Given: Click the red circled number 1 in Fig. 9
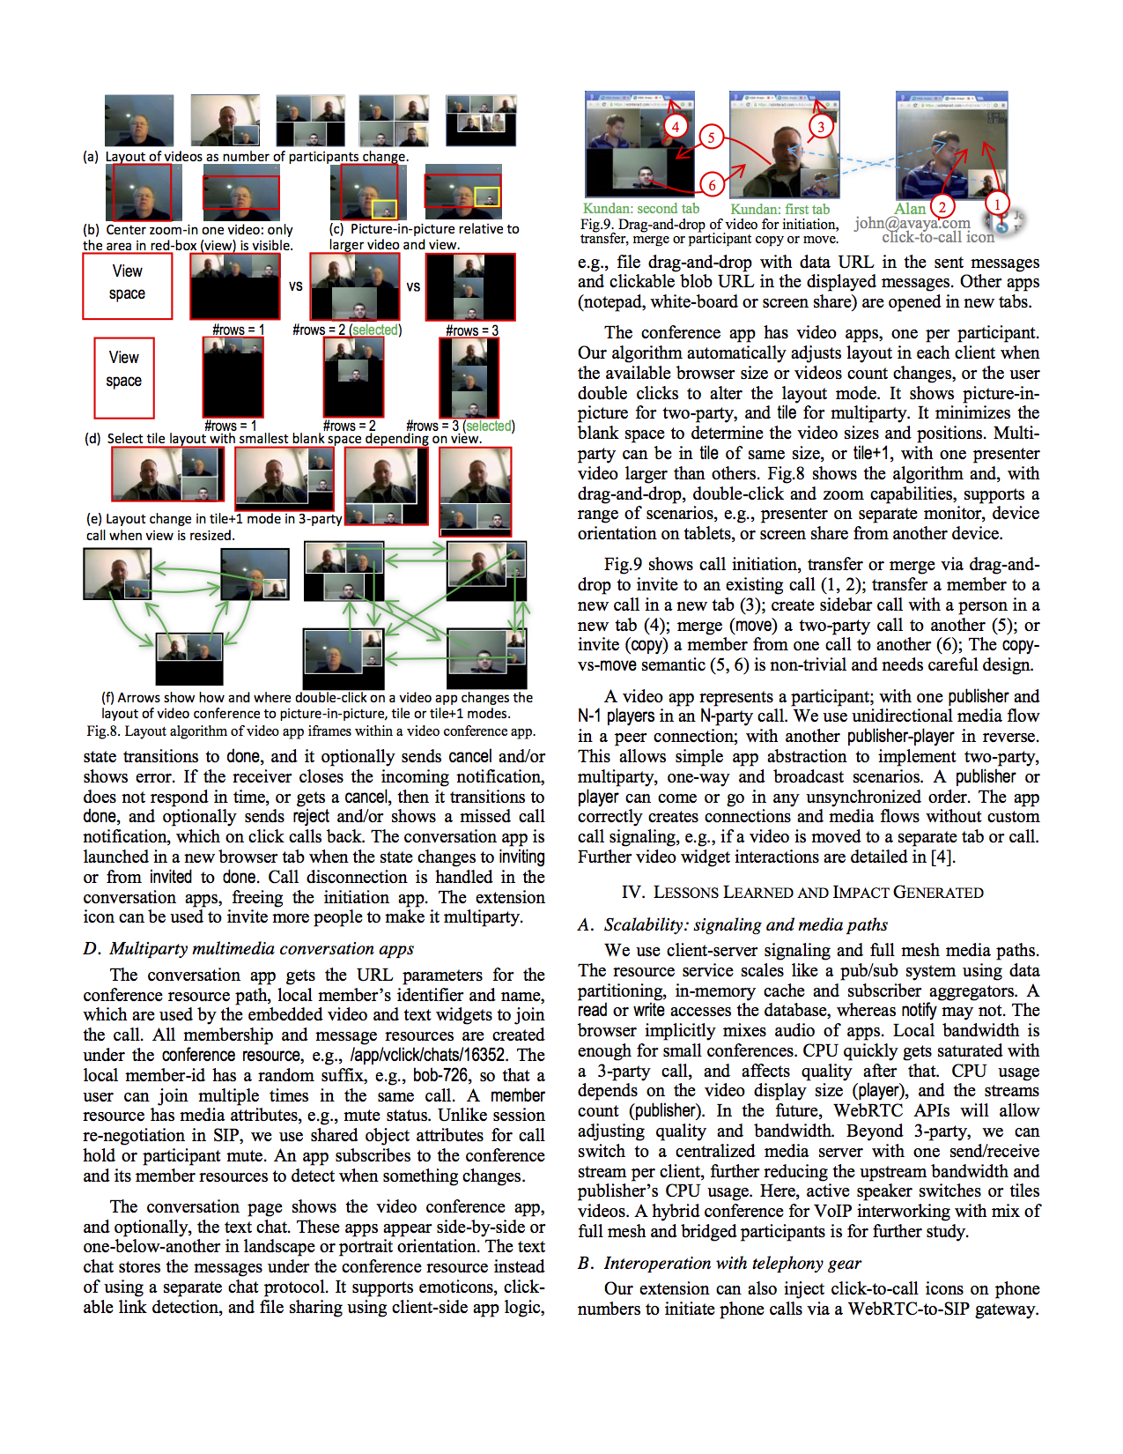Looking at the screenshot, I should pyautogui.click(x=996, y=204).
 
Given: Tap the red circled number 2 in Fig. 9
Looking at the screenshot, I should pyautogui.click(x=942, y=207).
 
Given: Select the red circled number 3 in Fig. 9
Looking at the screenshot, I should pyautogui.click(x=820, y=127).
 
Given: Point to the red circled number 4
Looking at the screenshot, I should pyautogui.click(x=675, y=126).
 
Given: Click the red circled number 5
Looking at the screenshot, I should pyautogui.click(x=711, y=137).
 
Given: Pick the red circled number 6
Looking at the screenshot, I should pyautogui.click(x=711, y=184).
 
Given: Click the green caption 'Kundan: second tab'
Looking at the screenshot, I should pyautogui.click(x=640, y=209).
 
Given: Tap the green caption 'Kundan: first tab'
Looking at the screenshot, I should pyautogui.click(x=779, y=210).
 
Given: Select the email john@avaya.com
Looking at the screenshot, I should pyautogui.click(x=912, y=224).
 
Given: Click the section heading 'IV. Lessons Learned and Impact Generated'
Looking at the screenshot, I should pyautogui.click(x=802, y=893).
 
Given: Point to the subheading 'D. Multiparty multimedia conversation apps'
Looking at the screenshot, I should pyautogui.click(x=248, y=949).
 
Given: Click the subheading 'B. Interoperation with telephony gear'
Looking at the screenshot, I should pyautogui.click(x=719, y=1264).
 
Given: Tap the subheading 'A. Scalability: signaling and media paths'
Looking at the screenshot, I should pyautogui.click(x=732, y=925).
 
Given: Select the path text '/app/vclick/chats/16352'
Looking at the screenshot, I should pyautogui.click(x=427, y=1056).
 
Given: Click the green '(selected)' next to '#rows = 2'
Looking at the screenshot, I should pyautogui.click(x=375, y=330).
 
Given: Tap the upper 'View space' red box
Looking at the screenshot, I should pyautogui.click(x=128, y=286).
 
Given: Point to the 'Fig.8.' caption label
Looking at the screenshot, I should pyautogui.click(x=103, y=731).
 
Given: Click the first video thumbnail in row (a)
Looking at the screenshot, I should pyautogui.click(x=139, y=120).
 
